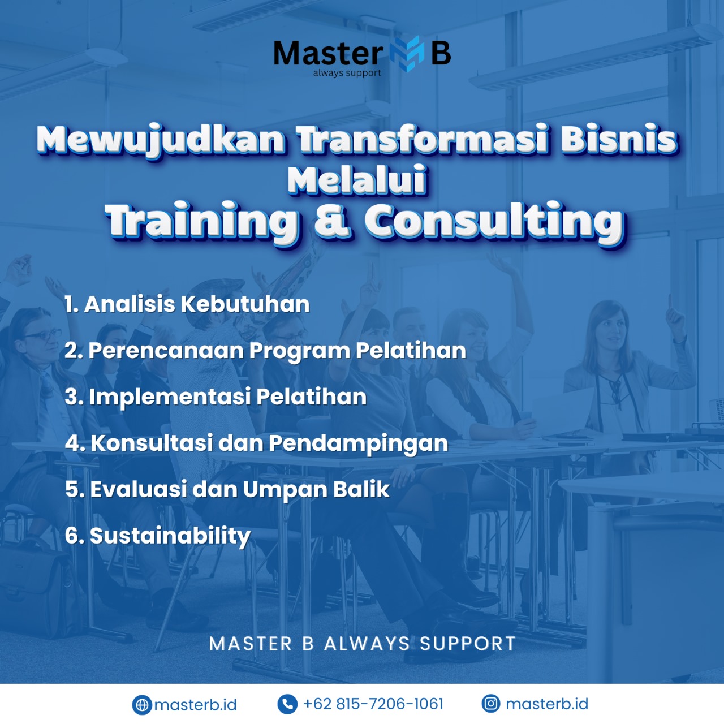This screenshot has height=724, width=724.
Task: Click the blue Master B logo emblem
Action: coord(407,54)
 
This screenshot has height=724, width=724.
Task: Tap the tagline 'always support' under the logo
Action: coord(347,73)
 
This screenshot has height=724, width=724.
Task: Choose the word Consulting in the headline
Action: coord(494,222)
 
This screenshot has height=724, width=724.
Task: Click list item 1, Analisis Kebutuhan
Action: coord(187,304)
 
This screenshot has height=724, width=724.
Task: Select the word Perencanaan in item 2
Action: coord(166,350)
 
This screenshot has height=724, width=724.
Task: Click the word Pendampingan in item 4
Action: coord(359,443)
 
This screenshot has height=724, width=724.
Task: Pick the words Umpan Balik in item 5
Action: coord(316,490)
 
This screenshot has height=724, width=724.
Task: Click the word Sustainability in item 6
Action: coord(170,536)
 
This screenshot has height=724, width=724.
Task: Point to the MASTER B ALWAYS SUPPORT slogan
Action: coord(362,644)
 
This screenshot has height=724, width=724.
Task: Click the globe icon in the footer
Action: coord(142,705)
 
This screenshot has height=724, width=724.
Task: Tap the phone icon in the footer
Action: coord(287,704)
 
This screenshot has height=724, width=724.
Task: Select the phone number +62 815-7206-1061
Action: coord(373,704)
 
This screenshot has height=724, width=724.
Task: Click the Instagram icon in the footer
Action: coord(491,704)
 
